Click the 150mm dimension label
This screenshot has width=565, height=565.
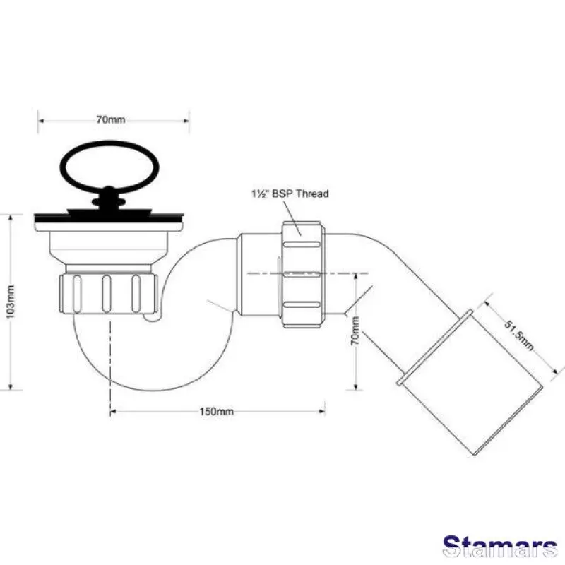(x=217, y=411)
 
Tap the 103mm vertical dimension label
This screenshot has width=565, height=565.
(x=11, y=302)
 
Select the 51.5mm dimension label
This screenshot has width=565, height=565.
(x=518, y=335)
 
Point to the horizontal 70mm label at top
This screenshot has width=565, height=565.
(x=111, y=119)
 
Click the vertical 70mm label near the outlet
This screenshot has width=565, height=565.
(x=355, y=331)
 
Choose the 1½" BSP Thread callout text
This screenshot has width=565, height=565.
(x=290, y=194)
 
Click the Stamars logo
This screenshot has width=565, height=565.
(x=500, y=547)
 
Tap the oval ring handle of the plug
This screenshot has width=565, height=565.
(x=109, y=143)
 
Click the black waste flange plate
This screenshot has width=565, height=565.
(x=109, y=218)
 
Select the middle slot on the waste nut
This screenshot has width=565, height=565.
(x=107, y=294)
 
